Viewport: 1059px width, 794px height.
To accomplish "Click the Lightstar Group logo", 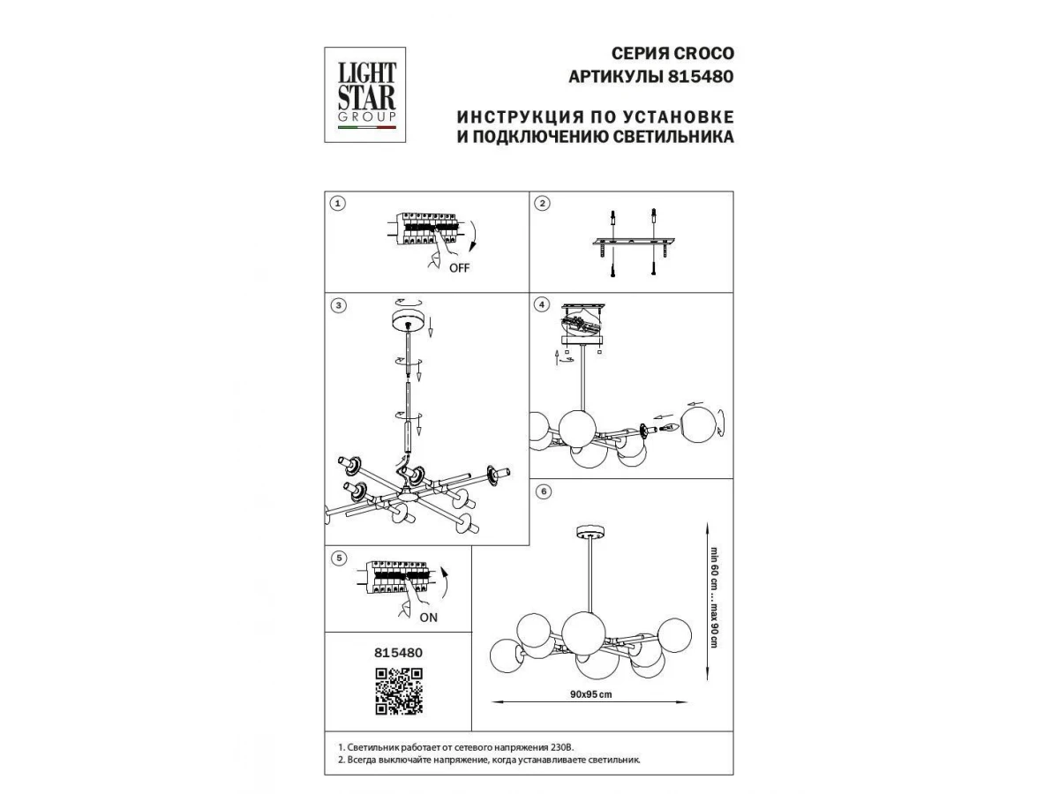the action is [364, 94].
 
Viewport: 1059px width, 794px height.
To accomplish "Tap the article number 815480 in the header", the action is [701, 76].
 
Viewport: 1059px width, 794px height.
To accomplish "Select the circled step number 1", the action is [338, 204].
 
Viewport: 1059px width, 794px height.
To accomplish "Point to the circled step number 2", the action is [542, 204].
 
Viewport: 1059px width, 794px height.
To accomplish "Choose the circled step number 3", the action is [339, 305].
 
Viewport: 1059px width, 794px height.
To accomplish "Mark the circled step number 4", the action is [542, 304].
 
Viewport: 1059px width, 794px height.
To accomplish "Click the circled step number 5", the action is [339, 558].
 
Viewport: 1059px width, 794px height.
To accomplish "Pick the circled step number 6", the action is [544, 491].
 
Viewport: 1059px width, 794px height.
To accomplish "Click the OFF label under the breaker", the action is [459, 268].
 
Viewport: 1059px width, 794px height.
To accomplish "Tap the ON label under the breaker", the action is [428, 618].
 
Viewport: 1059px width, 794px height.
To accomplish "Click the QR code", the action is [399, 691].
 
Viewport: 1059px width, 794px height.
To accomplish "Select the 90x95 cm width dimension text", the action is [590, 694].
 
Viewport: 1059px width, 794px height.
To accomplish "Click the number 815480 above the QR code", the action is [399, 653].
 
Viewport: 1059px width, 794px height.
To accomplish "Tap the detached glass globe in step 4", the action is [699, 424].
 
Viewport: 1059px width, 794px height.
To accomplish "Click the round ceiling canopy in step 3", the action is [409, 320].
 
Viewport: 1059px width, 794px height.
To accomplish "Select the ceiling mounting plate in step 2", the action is [634, 242].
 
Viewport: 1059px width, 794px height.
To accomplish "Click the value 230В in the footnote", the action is [561, 748].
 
